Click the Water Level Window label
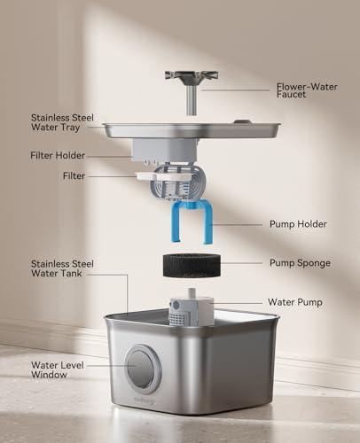56,370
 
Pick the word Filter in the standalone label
74,176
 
